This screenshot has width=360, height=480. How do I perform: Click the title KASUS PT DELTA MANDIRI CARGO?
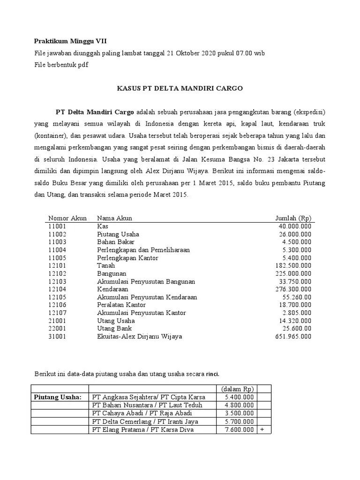coord(180,89)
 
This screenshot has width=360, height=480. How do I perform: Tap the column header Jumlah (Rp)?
coord(293,218)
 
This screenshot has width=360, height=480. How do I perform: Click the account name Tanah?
coord(105,265)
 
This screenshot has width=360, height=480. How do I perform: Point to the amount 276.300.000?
coord(293,289)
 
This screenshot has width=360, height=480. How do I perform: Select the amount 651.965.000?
coord(293,337)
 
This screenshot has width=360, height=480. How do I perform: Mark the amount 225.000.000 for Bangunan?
coord(293,273)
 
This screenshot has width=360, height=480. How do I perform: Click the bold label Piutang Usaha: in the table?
coord(58,397)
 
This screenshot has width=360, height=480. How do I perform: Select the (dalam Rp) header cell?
coord(237,389)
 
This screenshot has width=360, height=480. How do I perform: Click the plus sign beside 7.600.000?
coord(262,429)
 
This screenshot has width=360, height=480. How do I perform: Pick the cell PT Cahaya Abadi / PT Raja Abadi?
coord(142,413)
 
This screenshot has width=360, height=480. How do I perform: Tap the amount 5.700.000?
coord(239,421)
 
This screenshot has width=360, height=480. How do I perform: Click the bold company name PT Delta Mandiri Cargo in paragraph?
coord(95,112)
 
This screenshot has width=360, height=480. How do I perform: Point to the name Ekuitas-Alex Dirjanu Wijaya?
coord(139,337)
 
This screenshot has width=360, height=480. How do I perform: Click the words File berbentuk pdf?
coord(61,65)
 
